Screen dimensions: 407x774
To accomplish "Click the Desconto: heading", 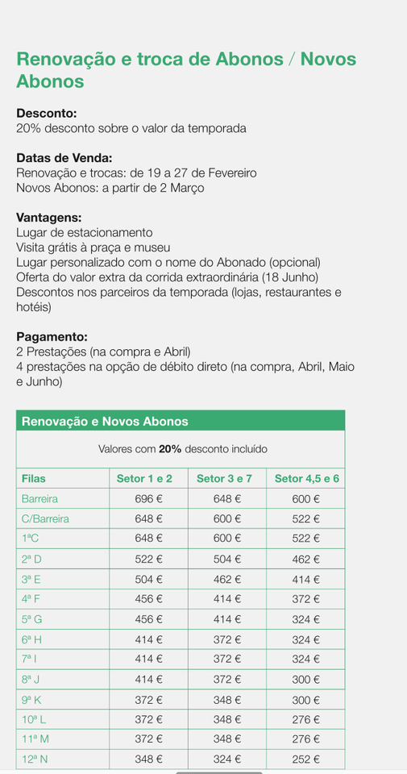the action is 47,114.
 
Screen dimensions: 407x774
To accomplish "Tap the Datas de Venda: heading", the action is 64,158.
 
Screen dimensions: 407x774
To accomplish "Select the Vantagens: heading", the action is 49,218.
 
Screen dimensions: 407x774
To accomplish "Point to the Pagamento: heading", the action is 52,337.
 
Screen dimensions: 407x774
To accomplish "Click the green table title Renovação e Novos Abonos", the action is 105,422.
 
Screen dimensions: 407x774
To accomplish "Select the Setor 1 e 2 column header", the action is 144,479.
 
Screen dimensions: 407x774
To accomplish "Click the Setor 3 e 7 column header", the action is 224,479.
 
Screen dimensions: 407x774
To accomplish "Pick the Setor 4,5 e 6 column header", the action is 306,479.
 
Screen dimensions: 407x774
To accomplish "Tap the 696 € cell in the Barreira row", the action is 148,499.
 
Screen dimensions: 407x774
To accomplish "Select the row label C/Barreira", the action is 45,519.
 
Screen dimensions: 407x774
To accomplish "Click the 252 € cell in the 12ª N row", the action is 305,759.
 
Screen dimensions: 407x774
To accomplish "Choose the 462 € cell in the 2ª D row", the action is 305,560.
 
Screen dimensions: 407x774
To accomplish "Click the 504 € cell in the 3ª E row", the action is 148,580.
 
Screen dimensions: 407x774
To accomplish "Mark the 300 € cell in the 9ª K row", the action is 305,700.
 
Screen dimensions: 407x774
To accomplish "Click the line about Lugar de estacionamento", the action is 85,233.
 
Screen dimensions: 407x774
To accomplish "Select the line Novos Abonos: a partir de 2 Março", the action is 110,188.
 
